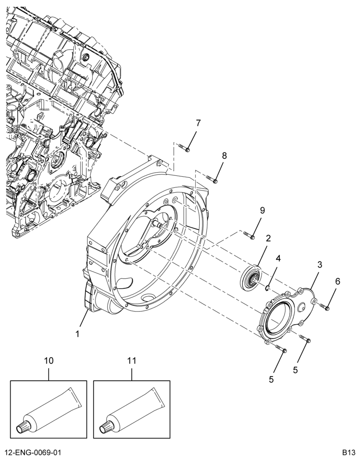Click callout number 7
[x=198, y=123]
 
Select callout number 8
[x=224, y=156]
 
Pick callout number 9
[x=262, y=211]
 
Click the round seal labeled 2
[x=251, y=277]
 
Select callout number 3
[x=320, y=265]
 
